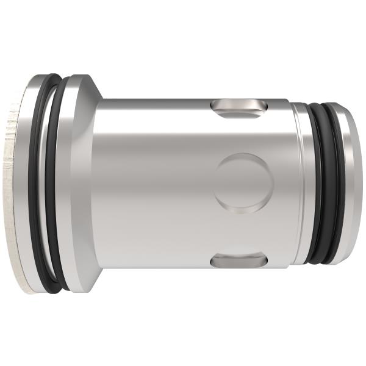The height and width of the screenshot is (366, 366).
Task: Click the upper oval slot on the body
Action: point(239,109)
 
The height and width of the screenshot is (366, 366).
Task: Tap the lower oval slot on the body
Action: point(239,260)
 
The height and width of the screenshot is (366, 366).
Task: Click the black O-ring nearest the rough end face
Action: point(38,183)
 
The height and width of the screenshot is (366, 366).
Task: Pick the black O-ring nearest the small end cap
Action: point(337,183)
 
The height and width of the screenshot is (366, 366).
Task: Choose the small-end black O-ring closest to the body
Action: point(316,183)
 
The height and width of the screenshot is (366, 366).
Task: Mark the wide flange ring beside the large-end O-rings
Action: point(77,183)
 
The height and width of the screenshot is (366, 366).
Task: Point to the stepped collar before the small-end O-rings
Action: point(300,183)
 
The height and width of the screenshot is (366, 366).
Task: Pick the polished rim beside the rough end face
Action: point(27,183)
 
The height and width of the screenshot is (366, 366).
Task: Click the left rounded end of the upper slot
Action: point(216,109)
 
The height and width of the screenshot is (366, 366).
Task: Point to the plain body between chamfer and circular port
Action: point(152,183)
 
